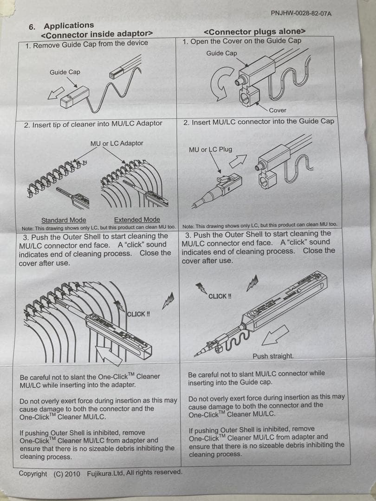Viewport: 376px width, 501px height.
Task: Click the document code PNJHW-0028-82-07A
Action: [x=301, y=13]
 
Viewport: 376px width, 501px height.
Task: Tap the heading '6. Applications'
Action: [x=61, y=26]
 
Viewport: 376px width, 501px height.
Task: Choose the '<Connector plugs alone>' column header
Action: [x=254, y=32]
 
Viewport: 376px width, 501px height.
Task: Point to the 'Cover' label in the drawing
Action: [x=278, y=110]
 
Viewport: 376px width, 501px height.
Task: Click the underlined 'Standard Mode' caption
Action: [x=64, y=220]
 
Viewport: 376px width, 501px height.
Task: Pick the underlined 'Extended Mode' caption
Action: [x=137, y=219]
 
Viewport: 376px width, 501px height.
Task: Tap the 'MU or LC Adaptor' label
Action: [x=117, y=143]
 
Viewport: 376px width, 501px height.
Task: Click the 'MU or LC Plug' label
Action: [x=210, y=149]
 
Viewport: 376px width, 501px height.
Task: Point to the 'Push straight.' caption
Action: [x=273, y=356]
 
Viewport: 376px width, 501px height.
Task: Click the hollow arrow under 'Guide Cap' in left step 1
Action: [x=56, y=93]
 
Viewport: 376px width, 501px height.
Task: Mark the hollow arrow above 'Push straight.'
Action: [x=275, y=335]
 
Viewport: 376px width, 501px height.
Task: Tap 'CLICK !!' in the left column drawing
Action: [x=138, y=314]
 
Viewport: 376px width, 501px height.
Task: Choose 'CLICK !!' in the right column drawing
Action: [x=220, y=296]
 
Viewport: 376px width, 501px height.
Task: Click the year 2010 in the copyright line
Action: [x=72, y=474]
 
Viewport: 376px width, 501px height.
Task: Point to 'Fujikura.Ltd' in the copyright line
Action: [x=105, y=473]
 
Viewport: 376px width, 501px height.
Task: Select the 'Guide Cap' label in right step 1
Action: [x=221, y=53]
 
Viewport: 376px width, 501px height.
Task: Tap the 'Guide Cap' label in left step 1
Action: [x=65, y=72]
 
